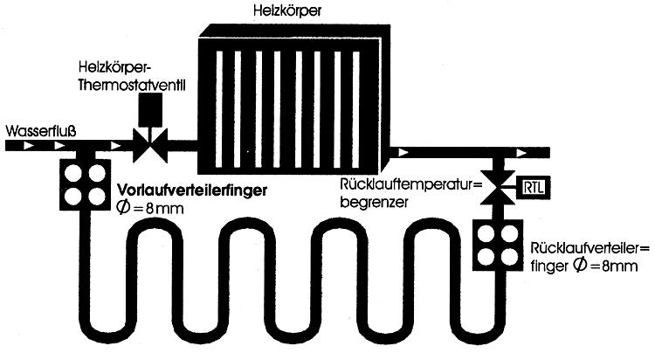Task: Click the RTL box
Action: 530,187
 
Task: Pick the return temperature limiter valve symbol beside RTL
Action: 500,186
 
